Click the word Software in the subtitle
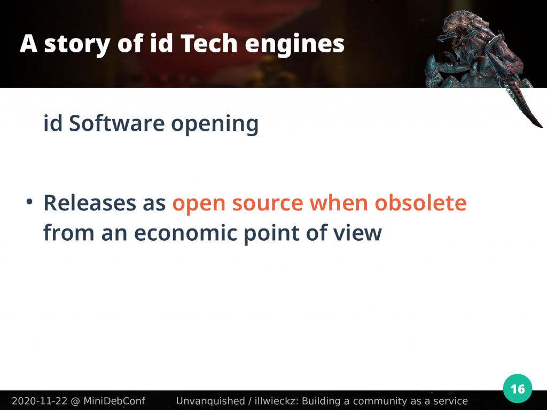click(116, 123)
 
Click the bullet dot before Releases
click(30, 202)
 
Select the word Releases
click(90, 203)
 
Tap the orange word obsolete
click(420, 202)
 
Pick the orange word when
click(339, 202)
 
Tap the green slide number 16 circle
click(517, 389)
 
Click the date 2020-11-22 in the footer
click(40, 401)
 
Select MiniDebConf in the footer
click(114, 401)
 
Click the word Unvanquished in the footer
click(210, 401)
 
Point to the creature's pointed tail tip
click(541, 127)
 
